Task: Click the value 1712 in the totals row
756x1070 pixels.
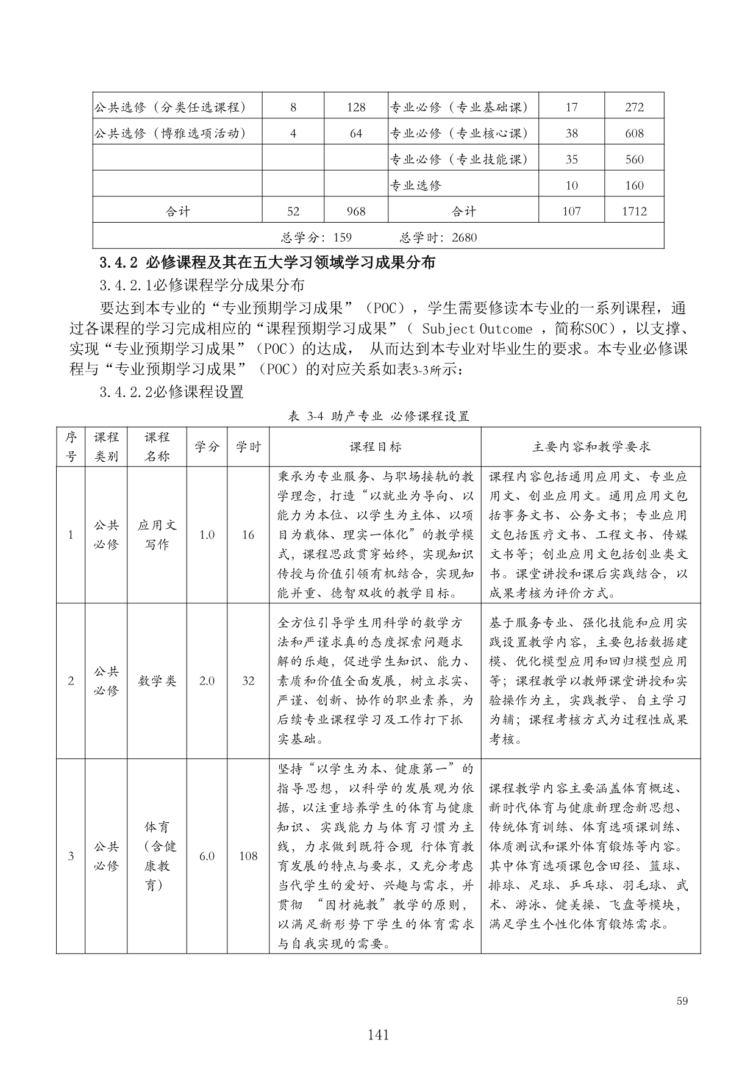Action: tap(634, 212)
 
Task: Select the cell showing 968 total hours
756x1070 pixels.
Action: tap(355, 212)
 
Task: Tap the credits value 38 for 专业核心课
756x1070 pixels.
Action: tap(571, 134)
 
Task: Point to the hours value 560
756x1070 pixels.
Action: tap(634, 160)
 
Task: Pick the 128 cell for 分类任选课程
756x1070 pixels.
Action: tap(355, 108)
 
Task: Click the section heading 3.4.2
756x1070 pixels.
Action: tap(268, 263)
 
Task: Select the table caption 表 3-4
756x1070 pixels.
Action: tap(378, 417)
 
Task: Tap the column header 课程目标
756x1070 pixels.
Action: tap(375, 447)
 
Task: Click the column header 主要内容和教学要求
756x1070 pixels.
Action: tap(591, 447)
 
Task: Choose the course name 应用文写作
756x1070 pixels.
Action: tap(157, 535)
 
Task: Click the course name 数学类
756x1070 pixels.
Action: tap(157, 681)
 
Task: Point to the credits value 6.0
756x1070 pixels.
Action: tap(207, 856)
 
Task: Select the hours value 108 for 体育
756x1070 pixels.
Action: tap(248, 856)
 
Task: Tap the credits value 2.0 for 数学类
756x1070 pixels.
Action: tap(207, 681)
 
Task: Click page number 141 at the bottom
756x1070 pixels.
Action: tap(378, 1034)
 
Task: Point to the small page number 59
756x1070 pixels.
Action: tap(682, 1001)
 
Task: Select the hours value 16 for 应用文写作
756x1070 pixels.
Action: tap(248, 535)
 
